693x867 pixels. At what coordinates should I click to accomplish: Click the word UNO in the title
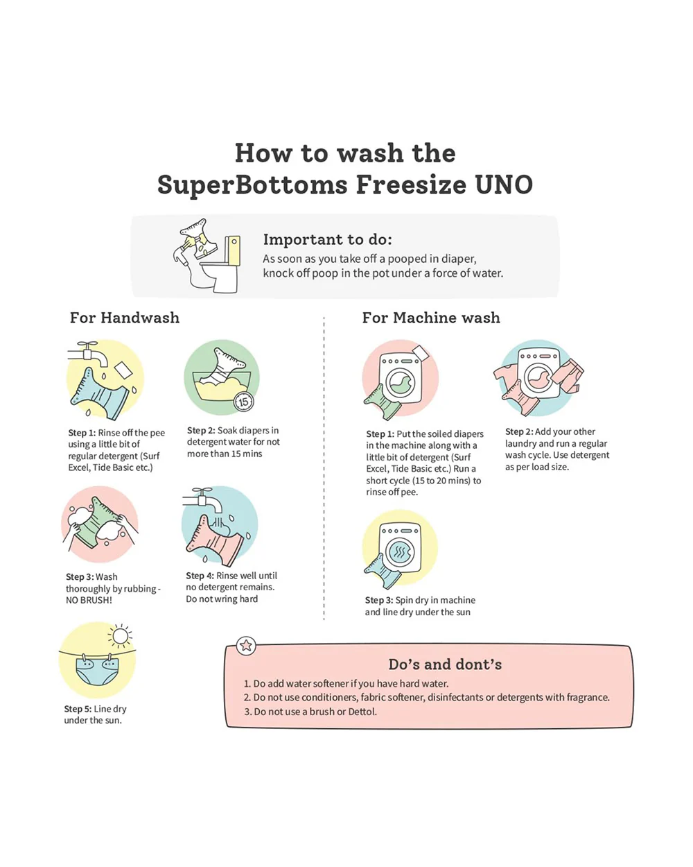pyautogui.click(x=504, y=184)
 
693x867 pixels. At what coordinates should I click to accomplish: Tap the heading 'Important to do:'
pyautogui.click(x=327, y=239)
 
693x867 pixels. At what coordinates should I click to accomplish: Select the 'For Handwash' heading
pyautogui.click(x=125, y=318)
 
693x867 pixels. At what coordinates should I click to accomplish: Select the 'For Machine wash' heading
pyautogui.click(x=431, y=318)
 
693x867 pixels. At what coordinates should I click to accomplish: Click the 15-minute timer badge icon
pyautogui.click(x=244, y=402)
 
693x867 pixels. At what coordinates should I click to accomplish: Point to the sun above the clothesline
pyautogui.click(x=120, y=636)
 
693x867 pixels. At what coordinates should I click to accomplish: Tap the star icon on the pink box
pyautogui.click(x=245, y=645)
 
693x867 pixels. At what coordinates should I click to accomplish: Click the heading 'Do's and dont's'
pyautogui.click(x=445, y=664)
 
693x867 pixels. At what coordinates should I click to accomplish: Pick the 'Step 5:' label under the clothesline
pyautogui.click(x=78, y=709)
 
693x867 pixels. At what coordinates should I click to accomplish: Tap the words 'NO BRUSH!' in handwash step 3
pyautogui.click(x=89, y=600)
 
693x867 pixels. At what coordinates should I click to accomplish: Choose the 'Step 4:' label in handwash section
pyautogui.click(x=200, y=576)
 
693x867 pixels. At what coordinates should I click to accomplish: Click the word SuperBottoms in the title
pyautogui.click(x=252, y=185)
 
